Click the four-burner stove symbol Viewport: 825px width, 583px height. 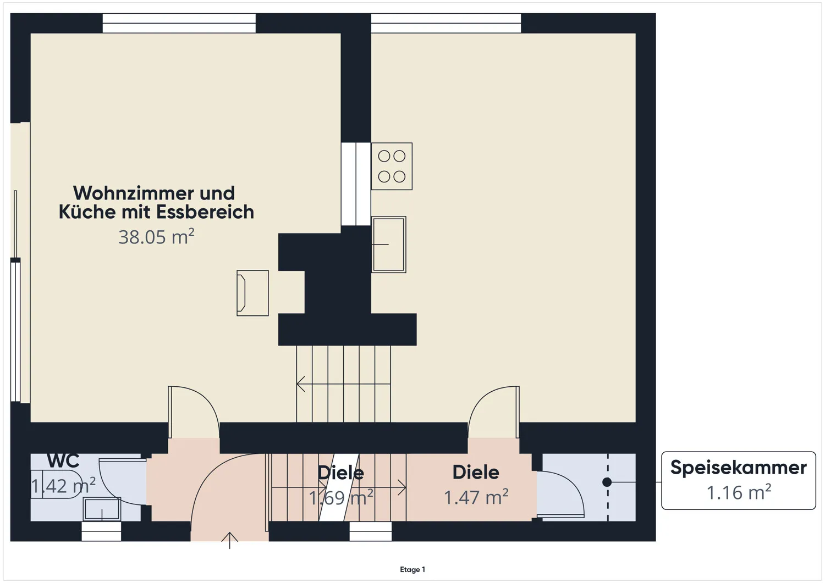click(392, 166)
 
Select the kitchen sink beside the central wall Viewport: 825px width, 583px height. click(389, 245)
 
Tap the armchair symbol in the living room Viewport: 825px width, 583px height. click(252, 293)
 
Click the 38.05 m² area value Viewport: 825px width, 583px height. click(156, 237)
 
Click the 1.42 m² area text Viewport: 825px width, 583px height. click(63, 486)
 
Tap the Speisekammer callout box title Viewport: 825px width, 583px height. click(738, 468)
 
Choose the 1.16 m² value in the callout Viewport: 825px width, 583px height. click(738, 492)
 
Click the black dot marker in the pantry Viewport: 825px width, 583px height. click(607, 482)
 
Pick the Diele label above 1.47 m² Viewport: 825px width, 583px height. click(476, 472)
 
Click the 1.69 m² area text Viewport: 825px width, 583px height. click(341, 498)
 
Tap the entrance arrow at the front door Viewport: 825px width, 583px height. click(229, 540)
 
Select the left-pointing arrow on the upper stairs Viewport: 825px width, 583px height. click(301, 384)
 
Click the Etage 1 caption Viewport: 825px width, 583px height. click(413, 570)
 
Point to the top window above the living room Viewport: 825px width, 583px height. click(179, 24)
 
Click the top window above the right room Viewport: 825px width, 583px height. click(446, 24)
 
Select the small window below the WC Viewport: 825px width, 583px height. click(101, 531)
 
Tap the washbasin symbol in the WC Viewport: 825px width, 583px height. click(102, 509)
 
